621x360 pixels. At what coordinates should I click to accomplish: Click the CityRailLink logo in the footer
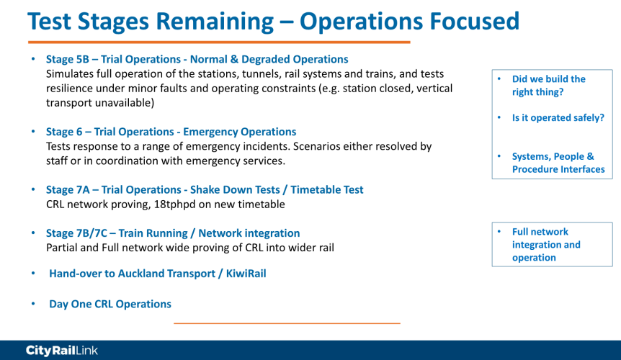pos(62,351)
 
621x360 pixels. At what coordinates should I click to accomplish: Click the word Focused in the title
pos(475,21)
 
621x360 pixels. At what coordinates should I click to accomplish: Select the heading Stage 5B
pos(197,59)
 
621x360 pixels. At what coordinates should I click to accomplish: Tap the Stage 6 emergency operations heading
pos(171,132)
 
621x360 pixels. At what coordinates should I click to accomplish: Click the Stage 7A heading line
pos(205,190)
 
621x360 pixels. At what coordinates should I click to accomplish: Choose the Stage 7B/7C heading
pos(173,233)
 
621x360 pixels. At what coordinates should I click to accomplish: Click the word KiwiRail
pos(246,274)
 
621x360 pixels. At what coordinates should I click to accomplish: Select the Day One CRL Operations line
pos(110,305)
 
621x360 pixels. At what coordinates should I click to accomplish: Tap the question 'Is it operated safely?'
pos(558,118)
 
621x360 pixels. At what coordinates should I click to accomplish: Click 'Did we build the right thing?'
pos(548,86)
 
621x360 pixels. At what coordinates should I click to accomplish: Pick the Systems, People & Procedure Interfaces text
pos(558,163)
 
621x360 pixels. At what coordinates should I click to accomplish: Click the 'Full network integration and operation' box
pos(552,245)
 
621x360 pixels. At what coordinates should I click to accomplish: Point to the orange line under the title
pos(219,42)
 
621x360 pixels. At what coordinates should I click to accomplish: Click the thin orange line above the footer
pos(287,323)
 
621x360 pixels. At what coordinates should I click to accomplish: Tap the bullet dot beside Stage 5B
pos(33,59)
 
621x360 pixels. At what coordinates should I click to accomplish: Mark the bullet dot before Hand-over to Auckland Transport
pos(33,273)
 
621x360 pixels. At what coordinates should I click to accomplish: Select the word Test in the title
pos(49,21)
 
